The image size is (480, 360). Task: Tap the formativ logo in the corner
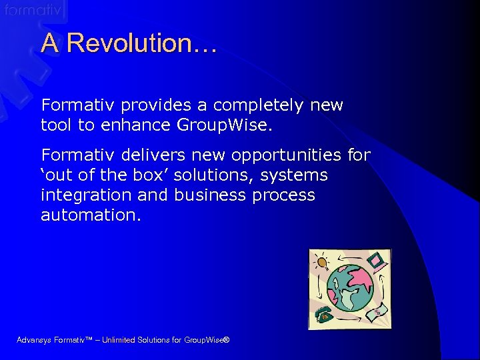[33, 10]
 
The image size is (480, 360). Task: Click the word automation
[91, 215]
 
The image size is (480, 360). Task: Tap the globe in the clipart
[351, 287]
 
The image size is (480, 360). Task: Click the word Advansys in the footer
[35, 341]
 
